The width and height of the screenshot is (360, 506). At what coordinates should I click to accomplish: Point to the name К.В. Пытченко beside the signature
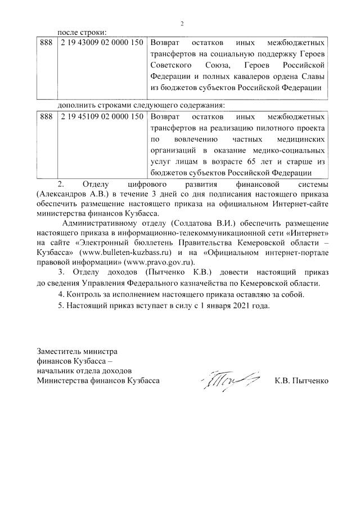click(x=301, y=381)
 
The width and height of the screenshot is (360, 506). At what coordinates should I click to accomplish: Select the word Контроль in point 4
click(x=84, y=295)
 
